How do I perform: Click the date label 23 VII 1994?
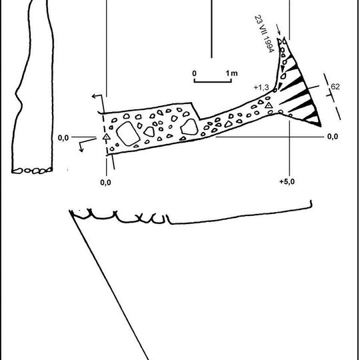tap(265, 34)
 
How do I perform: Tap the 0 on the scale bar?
tap(194, 73)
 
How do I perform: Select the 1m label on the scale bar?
tap(231, 73)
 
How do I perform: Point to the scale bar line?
tap(213, 81)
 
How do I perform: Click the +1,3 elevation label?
tap(261, 87)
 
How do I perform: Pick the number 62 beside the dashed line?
tap(335, 87)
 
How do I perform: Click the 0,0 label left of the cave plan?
tap(63, 138)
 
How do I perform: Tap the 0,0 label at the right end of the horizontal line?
tap(333, 137)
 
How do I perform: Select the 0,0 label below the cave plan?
tap(105, 183)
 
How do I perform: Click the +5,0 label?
tap(287, 181)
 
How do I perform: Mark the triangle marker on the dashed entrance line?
tap(106, 137)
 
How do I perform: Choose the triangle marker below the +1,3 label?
tap(269, 105)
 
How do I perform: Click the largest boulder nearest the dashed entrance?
tap(128, 133)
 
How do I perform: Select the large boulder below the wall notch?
tap(189, 127)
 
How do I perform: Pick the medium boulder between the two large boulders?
tap(149, 131)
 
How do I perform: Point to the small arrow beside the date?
tap(278, 29)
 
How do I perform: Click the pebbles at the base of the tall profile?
tap(32, 171)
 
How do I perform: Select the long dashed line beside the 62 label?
tap(332, 97)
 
